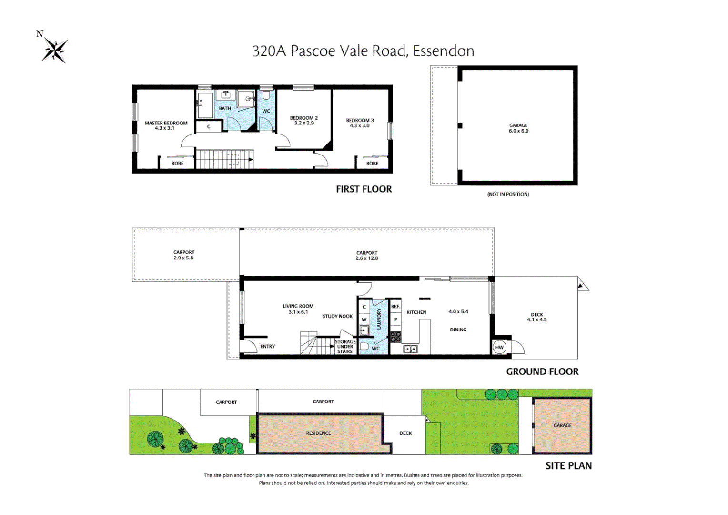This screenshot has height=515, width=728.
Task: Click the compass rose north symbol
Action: (x=54, y=50)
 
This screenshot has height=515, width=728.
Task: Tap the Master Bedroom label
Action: (x=166, y=123)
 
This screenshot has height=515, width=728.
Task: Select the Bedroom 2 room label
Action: (x=303, y=118)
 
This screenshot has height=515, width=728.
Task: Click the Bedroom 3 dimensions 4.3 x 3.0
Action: (x=360, y=126)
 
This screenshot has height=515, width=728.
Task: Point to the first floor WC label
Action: (x=266, y=111)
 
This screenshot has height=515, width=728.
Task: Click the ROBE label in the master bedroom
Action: (x=177, y=164)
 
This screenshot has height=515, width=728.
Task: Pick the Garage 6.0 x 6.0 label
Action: (x=518, y=128)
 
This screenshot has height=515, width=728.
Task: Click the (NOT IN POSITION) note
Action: (x=508, y=194)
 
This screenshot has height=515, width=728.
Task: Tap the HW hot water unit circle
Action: (x=499, y=347)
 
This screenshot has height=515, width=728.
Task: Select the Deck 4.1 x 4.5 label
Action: (x=536, y=317)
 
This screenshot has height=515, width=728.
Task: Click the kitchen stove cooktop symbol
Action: (x=395, y=337)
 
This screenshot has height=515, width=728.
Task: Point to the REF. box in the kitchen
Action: (x=395, y=307)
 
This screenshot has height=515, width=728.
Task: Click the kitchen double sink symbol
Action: (x=410, y=349)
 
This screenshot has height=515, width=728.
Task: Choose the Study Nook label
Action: (x=337, y=316)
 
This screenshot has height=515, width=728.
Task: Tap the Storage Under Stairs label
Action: (x=345, y=347)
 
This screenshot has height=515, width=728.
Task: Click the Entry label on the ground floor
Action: (x=267, y=347)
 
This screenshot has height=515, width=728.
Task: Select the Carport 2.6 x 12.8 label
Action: (x=366, y=256)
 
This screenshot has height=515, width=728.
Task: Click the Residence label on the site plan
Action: (x=318, y=433)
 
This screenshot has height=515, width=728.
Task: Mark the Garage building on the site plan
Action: (x=562, y=425)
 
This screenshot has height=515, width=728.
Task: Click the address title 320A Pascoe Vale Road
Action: (x=363, y=51)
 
